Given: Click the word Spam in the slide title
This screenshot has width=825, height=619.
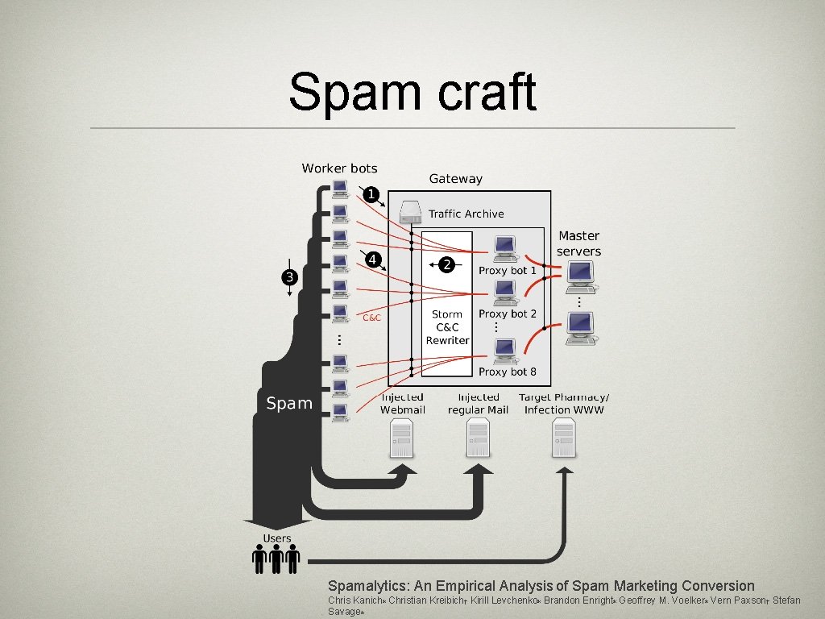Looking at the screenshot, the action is tap(355, 92).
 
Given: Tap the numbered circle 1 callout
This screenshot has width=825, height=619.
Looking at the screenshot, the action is tap(371, 195).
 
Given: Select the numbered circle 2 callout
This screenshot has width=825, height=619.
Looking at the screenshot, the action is tap(446, 264).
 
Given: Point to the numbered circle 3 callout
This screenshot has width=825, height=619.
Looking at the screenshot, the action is tap(290, 277).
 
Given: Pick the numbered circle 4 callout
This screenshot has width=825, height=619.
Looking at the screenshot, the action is tap(373, 260).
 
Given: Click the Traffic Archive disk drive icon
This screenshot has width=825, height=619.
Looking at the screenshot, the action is tap(410, 213).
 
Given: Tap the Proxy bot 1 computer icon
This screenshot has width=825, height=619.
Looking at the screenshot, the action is tap(505, 249).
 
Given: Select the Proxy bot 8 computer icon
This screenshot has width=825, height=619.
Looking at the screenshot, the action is tap(505, 351).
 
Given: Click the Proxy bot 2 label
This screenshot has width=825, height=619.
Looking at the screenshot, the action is tap(508, 314).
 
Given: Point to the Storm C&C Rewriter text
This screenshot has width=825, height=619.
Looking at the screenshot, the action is tap(447, 327).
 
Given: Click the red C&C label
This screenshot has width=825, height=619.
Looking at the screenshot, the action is tap(371, 318).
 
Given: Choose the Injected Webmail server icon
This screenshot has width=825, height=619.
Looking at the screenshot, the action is tap(403, 438).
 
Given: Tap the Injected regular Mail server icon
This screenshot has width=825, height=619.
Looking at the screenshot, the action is tap(479, 438).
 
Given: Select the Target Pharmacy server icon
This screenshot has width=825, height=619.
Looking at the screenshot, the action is tap(563, 438).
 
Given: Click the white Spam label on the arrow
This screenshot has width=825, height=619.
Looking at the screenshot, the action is tap(289, 404).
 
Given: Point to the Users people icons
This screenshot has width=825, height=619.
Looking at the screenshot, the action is tap(276, 559).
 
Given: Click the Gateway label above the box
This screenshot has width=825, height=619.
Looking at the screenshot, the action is tap(456, 179).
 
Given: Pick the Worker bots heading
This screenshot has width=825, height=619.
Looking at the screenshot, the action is tap(339, 168).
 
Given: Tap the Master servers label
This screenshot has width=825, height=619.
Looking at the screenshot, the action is tap(578, 243).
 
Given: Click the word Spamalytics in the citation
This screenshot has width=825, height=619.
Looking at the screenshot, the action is tap(367, 587).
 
